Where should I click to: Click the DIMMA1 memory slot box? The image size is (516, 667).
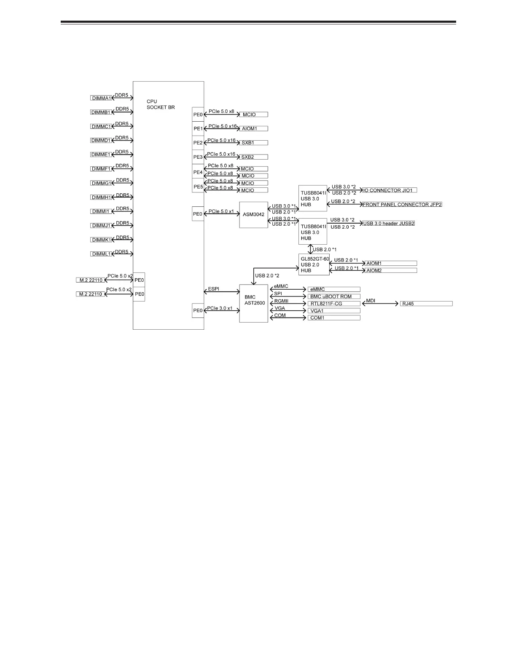[101, 98]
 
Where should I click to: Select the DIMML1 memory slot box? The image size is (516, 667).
[101, 254]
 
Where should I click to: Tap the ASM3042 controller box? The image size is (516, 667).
[253, 215]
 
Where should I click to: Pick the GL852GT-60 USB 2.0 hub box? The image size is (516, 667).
[314, 264]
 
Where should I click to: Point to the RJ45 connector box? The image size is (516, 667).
[426, 304]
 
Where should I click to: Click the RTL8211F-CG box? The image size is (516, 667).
[334, 304]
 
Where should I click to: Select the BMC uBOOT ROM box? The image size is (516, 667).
[334, 296]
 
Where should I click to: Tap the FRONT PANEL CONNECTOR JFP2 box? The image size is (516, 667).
[402, 204]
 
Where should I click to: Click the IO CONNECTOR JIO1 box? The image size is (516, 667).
[390, 190]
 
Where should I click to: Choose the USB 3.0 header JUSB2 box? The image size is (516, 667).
[388, 223]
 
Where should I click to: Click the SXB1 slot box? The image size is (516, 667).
[253, 143]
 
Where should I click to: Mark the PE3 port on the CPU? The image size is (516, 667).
[198, 157]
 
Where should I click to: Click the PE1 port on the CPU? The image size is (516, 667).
[198, 128]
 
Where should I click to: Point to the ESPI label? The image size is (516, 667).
[214, 290]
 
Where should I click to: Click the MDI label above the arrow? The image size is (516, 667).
[371, 301]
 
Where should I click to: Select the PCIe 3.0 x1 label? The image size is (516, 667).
[220, 308]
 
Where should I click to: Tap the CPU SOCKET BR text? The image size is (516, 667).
[161, 104]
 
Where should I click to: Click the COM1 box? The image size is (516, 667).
[334, 318]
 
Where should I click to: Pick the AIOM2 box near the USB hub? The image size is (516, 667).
[390, 270]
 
